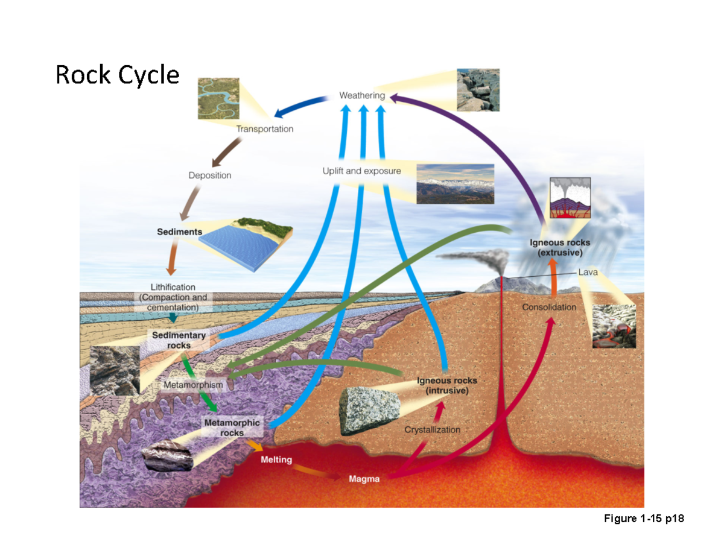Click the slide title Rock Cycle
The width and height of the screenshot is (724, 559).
(x=118, y=75)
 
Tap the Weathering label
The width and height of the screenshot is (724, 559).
(x=361, y=95)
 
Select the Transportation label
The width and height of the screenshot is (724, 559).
(x=264, y=129)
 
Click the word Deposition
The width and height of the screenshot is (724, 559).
(x=209, y=175)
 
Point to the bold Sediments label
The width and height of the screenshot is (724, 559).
(x=179, y=232)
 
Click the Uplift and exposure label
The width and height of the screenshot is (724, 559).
(x=361, y=171)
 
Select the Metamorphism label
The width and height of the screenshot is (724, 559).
(x=193, y=384)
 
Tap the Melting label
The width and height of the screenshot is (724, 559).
(x=276, y=460)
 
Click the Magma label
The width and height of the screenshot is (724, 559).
(x=364, y=479)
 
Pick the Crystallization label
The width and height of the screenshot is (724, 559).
(x=432, y=429)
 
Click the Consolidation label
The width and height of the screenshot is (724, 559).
(x=549, y=307)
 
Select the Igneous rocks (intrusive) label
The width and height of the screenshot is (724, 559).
(x=447, y=385)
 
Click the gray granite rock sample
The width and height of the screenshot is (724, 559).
(x=369, y=411)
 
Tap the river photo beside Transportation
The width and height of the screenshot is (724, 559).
(x=218, y=99)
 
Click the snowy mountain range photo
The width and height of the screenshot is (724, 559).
(x=455, y=184)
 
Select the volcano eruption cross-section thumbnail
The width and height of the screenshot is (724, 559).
(x=570, y=198)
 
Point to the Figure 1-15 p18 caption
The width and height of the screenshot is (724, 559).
(x=644, y=519)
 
